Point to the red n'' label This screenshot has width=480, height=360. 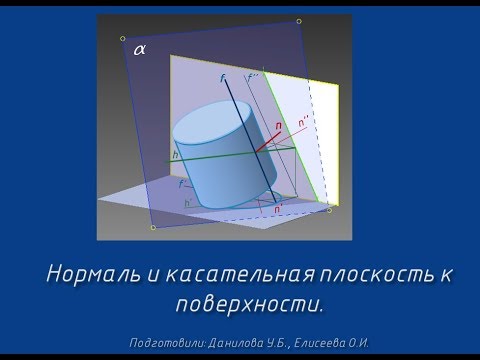click(302, 122)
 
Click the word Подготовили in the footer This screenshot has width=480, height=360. click(167, 343)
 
